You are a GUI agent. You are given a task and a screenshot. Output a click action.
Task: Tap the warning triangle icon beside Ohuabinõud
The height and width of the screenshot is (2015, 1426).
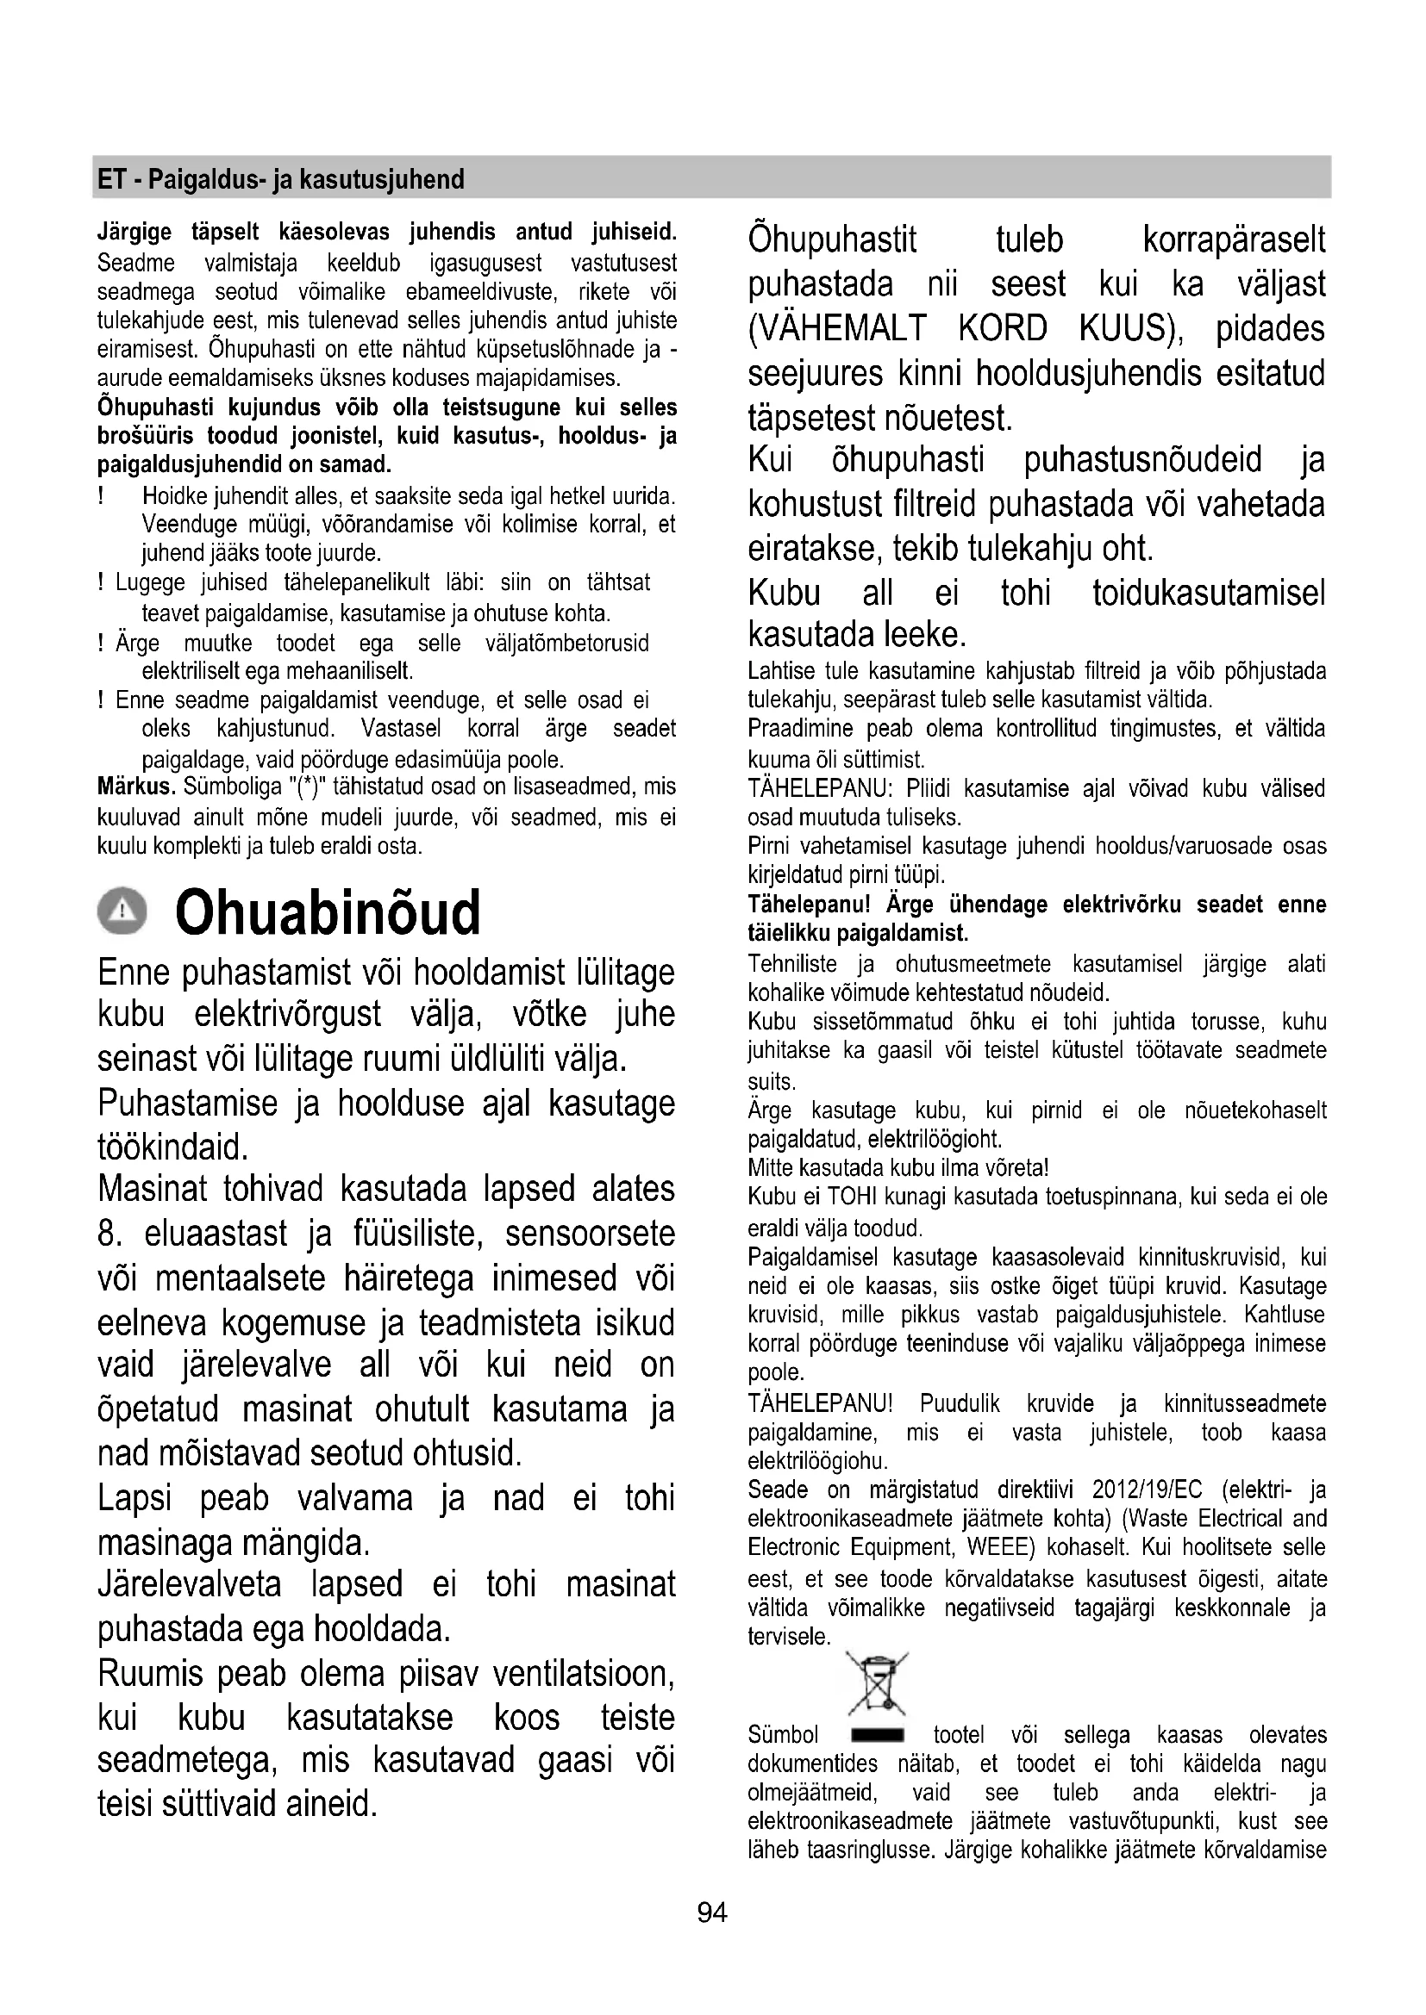[123, 911]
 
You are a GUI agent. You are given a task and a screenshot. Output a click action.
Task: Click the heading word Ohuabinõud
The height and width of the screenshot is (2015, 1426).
[328, 912]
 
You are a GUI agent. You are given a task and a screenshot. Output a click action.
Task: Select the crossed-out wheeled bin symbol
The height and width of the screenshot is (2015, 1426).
[877, 1684]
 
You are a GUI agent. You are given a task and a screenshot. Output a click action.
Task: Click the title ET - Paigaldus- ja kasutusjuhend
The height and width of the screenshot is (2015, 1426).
[281, 180]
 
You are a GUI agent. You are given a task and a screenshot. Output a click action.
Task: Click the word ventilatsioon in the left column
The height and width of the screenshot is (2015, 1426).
[582, 1674]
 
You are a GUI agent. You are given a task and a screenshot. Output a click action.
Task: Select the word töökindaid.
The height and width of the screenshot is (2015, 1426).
[173, 1146]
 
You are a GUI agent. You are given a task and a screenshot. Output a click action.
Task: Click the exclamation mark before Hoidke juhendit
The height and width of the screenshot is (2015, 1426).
[102, 497]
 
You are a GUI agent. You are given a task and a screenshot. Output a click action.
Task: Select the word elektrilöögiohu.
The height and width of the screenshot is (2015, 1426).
[817, 1461]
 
